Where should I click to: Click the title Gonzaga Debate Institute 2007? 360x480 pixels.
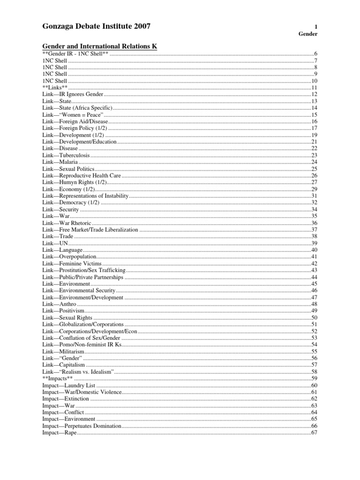[x=96, y=27]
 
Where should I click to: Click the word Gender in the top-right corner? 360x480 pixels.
[x=308, y=34]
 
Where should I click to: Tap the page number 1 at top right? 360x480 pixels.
[x=316, y=27]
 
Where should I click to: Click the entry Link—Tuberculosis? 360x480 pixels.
[x=65, y=155]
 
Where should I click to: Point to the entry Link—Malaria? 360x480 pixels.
[x=60, y=162]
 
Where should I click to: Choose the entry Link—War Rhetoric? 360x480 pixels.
[x=67, y=223]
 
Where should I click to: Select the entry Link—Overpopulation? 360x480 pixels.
[x=69, y=257]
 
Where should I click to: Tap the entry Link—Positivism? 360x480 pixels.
[x=63, y=311]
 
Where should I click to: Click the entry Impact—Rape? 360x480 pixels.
[x=59, y=433]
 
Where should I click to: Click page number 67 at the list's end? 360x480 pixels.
[x=315, y=433]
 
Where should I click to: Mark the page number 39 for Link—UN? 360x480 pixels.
[x=315, y=243]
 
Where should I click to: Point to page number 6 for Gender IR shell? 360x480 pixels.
[x=316, y=54]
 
